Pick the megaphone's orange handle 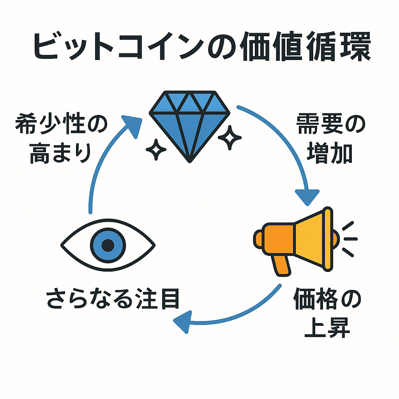click(282, 266)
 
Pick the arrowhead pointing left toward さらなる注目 click(182, 321)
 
